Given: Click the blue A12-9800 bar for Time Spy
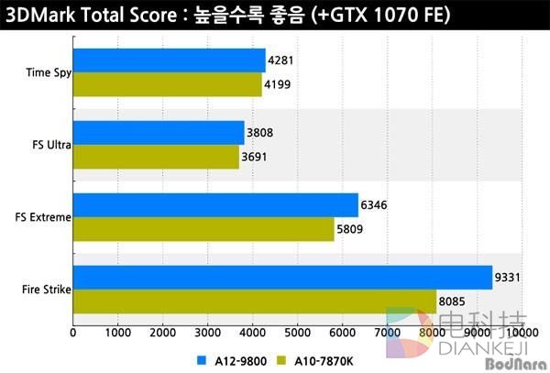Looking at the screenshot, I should [x=169, y=60].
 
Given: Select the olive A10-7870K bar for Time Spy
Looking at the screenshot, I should [x=167, y=84].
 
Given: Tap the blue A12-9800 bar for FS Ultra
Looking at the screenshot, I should [x=159, y=133].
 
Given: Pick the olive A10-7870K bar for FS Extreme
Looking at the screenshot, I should [x=203, y=229].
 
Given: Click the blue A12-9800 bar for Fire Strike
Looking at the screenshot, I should [x=282, y=277].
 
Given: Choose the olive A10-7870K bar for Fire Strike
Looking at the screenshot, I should [x=255, y=301].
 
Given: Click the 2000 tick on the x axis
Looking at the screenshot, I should [x=162, y=329].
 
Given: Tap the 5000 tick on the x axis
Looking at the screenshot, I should [x=297, y=329].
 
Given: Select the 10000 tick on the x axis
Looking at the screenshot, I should [x=522, y=329].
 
